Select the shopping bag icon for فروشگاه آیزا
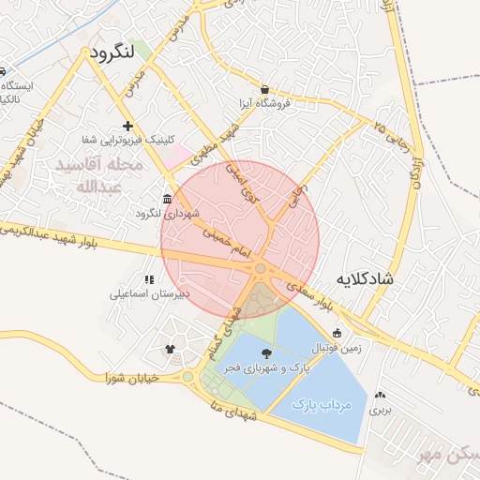click(x=264, y=90)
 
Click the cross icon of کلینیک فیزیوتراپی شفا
click(x=127, y=126)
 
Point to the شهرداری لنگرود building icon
click(x=167, y=199)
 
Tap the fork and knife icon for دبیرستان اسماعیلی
click(x=148, y=279)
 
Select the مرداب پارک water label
click(x=322, y=405)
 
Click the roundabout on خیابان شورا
click(x=187, y=378)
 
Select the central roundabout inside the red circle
click(x=260, y=270)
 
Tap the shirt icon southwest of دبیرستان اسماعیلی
click(x=170, y=350)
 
